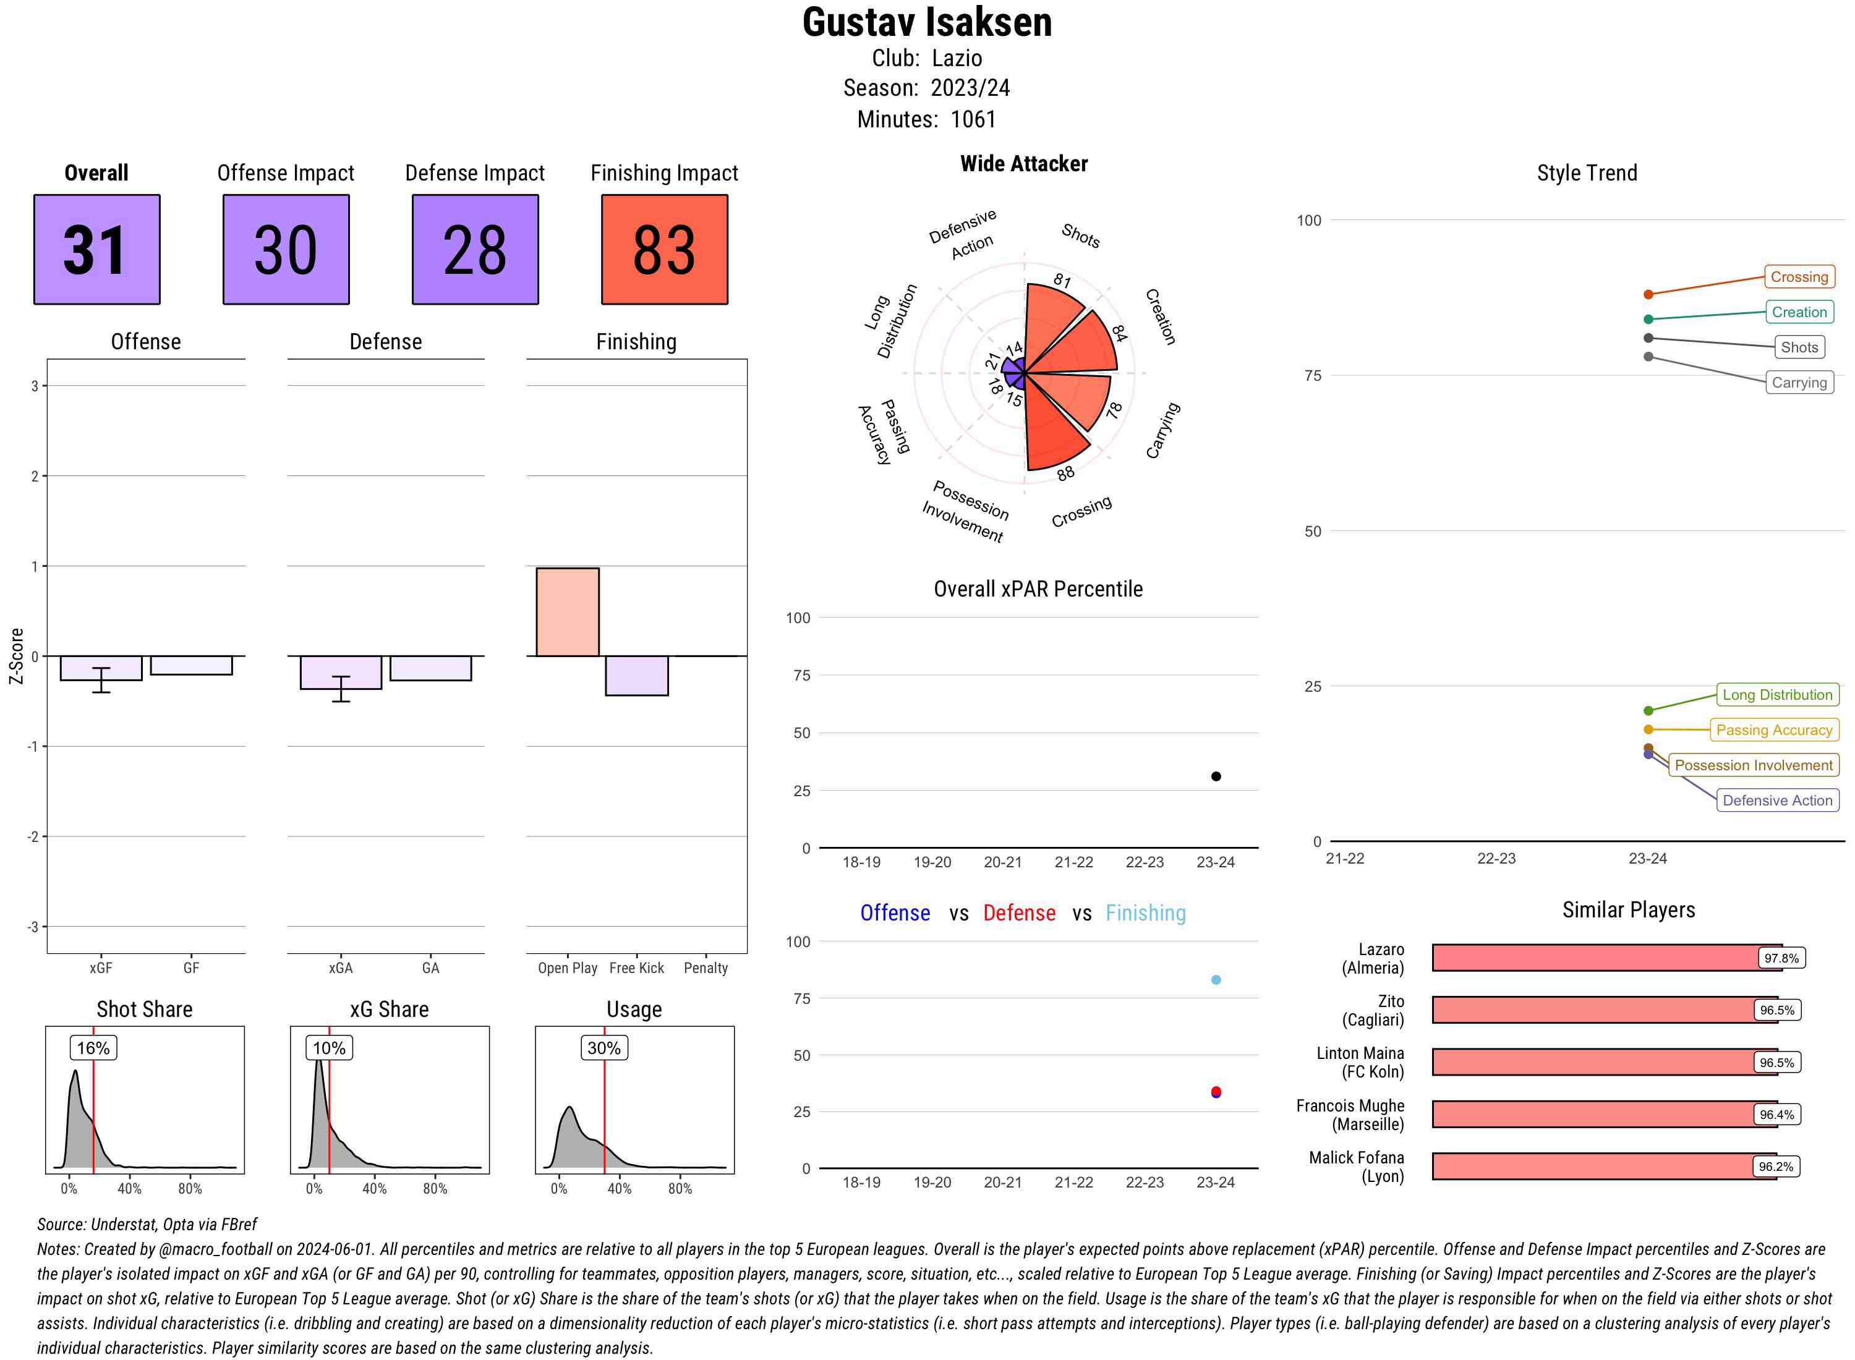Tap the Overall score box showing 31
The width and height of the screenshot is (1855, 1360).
(96, 250)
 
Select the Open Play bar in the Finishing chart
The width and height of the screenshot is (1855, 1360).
(567, 611)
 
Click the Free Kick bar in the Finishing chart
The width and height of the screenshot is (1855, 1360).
(636, 675)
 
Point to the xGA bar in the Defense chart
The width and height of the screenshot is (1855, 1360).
(341, 672)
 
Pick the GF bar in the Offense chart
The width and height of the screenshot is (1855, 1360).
(191, 665)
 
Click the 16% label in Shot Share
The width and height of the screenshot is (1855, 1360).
(93, 1048)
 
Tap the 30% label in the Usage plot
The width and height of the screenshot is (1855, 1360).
(603, 1048)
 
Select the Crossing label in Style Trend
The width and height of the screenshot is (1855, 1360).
(1798, 276)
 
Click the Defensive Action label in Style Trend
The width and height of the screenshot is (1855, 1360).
(1777, 800)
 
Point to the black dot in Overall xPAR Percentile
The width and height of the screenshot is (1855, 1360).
(1215, 776)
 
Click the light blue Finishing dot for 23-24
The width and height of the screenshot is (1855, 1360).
(1215, 980)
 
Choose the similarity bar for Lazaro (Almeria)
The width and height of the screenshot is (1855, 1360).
(1606, 958)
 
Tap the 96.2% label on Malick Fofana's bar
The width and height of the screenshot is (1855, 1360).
(1775, 1167)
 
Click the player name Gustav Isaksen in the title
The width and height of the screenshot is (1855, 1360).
(927, 22)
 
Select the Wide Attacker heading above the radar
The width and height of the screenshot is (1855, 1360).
(1023, 164)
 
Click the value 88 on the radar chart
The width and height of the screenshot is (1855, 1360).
(1065, 474)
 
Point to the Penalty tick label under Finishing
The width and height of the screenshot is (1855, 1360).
(706, 968)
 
